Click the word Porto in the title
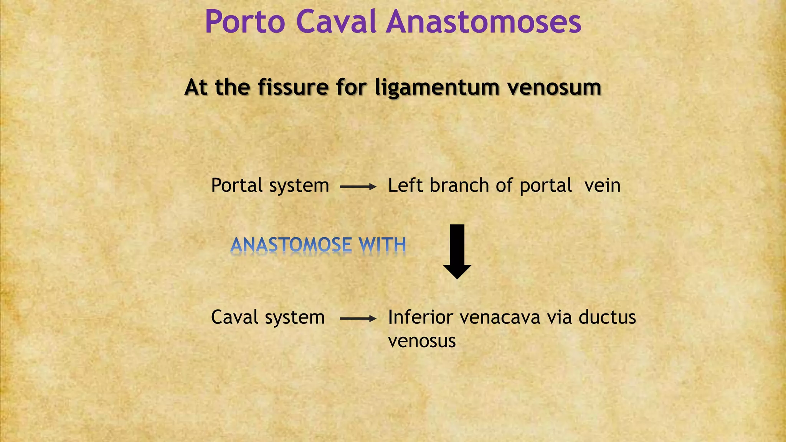pos(245,22)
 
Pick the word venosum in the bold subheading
pos(554,87)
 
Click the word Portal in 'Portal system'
pos(237,185)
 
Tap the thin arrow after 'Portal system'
pos(358,187)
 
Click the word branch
pos(459,185)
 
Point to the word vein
pos(602,185)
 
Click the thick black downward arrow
pos(457,251)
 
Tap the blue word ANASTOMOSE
pos(291,245)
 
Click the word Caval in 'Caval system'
pos(234,317)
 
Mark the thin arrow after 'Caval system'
pos(358,318)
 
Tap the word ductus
pos(607,317)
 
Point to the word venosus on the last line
pos(422,341)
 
